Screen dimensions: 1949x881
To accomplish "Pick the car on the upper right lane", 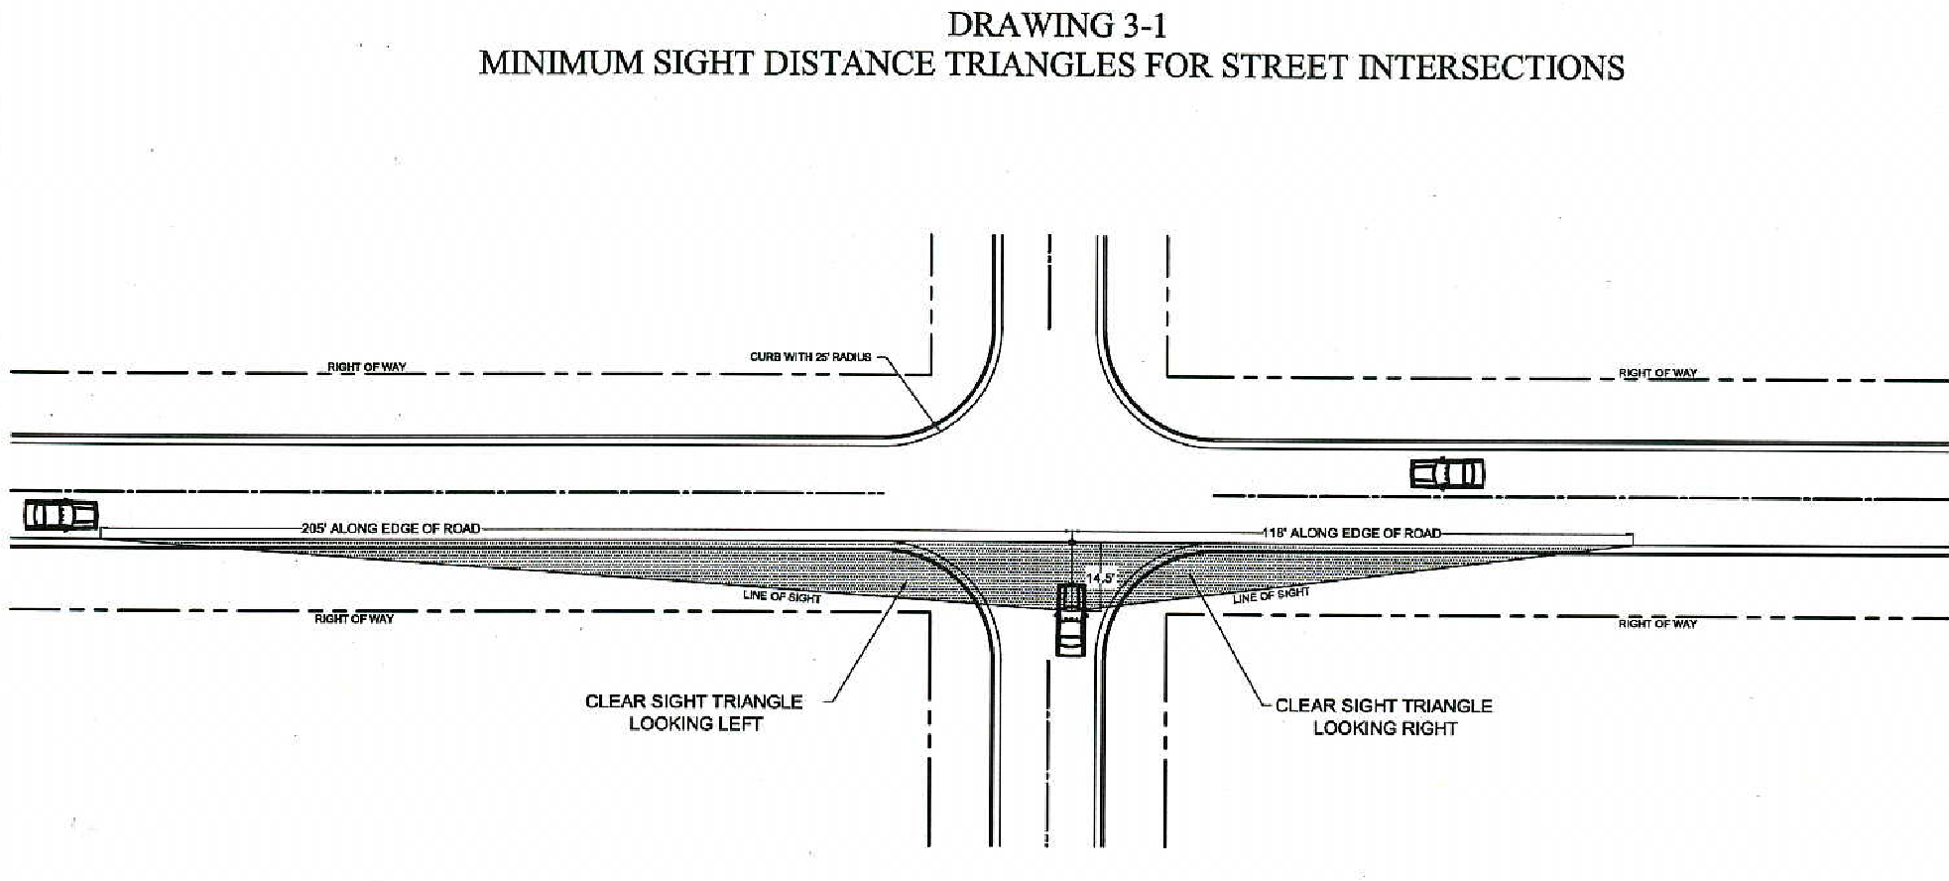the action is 1447,473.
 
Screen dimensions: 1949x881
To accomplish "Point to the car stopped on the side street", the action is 1070,620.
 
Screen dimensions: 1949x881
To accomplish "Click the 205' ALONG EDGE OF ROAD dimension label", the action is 391,529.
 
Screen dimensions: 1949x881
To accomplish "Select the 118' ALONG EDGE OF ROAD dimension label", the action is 1352,533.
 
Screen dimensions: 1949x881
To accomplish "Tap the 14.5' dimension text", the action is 1100,577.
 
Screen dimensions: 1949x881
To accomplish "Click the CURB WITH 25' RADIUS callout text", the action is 810,357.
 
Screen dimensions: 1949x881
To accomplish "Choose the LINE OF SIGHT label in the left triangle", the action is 782,596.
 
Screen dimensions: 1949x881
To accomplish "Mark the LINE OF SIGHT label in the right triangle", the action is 1271,595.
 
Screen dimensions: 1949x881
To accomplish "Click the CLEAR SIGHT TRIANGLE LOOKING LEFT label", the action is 694,712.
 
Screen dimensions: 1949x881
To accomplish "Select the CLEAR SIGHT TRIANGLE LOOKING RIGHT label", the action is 1384,716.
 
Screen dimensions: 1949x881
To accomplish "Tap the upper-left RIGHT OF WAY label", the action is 367,367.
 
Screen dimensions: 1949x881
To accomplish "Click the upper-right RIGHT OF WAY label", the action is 1657,373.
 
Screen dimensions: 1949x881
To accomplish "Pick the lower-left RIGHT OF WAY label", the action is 354,619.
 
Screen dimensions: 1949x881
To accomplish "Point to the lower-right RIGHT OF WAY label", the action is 1657,623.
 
